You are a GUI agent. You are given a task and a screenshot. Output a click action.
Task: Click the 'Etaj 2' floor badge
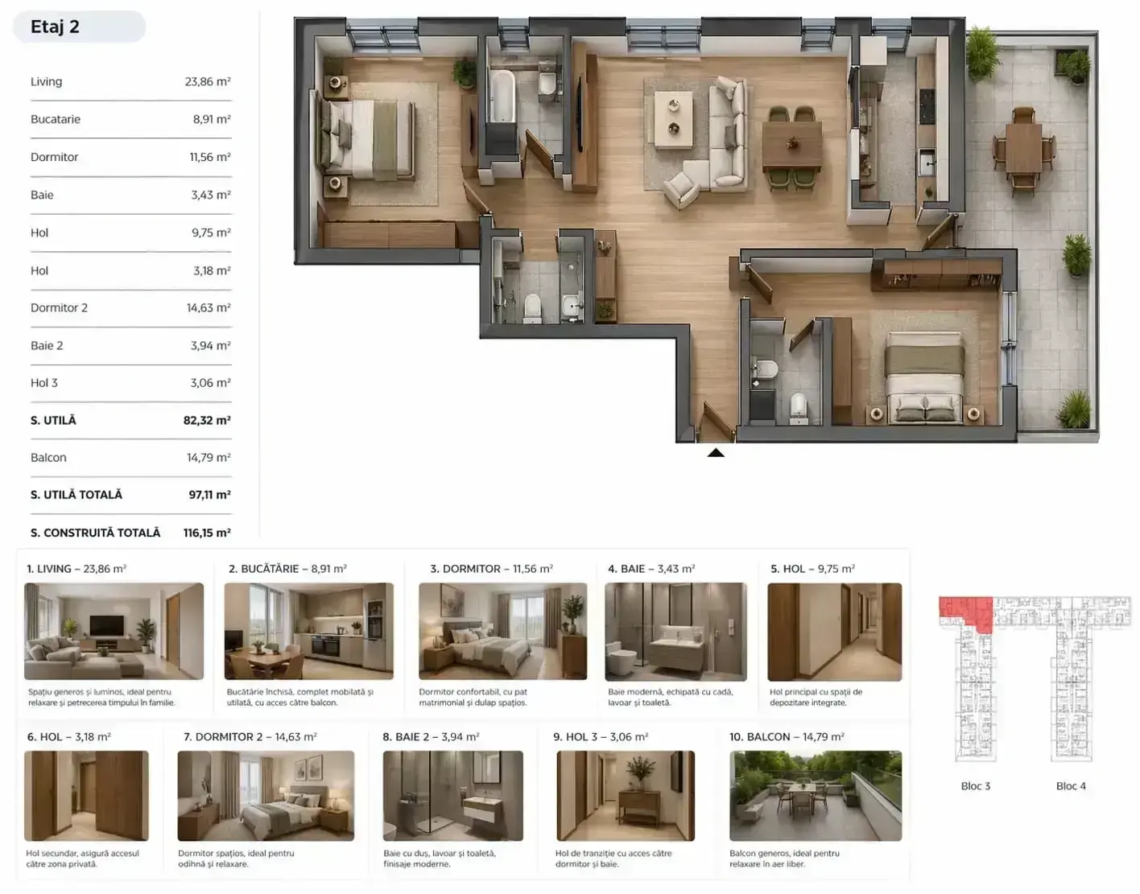point(79,27)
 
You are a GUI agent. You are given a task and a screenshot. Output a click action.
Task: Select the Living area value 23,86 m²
point(208,81)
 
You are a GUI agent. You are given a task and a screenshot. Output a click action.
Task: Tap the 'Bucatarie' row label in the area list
point(56,119)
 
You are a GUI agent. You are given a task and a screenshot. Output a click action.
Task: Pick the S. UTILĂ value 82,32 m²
point(207,420)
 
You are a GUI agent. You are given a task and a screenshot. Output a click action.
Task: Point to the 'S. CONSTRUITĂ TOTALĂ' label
point(96,533)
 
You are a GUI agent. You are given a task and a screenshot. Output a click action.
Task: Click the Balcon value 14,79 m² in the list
point(209,457)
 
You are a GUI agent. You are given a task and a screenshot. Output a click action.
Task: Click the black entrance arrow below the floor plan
point(716,452)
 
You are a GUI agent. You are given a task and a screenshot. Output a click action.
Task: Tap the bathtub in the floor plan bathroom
point(502,97)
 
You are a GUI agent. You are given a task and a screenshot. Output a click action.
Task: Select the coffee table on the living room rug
point(673,120)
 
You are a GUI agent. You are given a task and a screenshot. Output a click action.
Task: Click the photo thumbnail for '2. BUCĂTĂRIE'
point(308,631)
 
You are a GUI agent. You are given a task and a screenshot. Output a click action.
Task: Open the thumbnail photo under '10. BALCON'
point(816,795)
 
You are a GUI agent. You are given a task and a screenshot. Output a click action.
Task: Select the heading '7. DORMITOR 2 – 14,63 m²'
point(250,737)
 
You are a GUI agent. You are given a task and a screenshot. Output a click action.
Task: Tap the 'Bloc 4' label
point(1071,785)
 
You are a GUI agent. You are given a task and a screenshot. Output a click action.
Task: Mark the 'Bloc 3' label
point(975,785)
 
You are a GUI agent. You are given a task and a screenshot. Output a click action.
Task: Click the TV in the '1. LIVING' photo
point(107,625)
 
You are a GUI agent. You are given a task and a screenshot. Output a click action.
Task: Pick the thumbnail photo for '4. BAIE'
point(675,632)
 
